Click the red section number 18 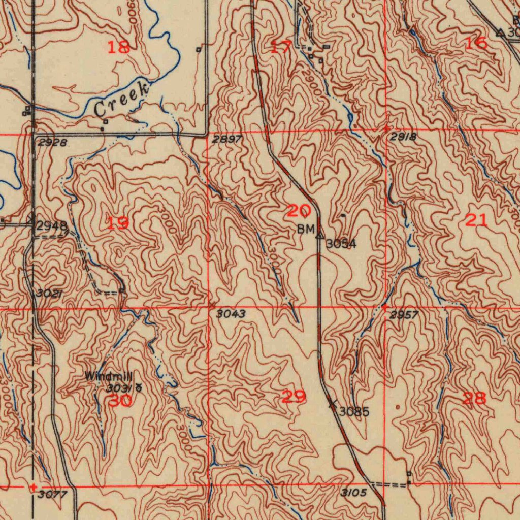click(119, 47)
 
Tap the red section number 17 click(281, 47)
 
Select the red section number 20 click(298, 210)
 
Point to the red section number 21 click(476, 220)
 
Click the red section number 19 click(118, 222)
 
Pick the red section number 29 click(294, 397)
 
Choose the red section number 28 click(475, 398)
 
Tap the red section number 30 click(120, 401)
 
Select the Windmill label click(108, 377)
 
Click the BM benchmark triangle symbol click(320, 235)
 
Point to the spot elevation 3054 click(341, 244)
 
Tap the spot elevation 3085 click(354, 411)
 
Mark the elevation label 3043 click(231, 314)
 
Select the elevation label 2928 click(52, 143)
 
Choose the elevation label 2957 click(404, 315)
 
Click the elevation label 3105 click(353, 493)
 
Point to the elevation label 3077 click(52, 494)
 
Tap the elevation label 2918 click(404, 137)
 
